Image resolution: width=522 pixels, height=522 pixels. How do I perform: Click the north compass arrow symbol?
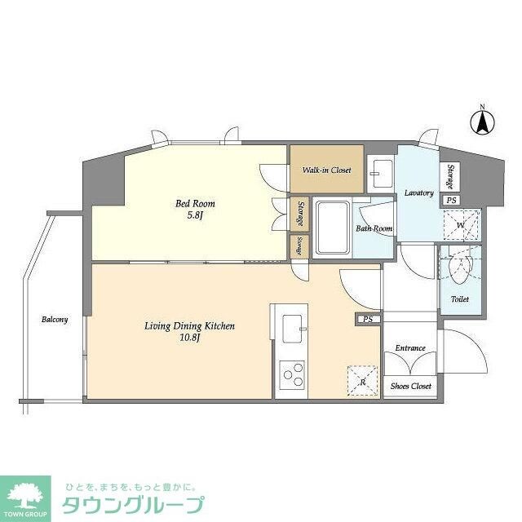tap(482, 122)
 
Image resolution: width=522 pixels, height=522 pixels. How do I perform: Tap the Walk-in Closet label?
tap(326, 170)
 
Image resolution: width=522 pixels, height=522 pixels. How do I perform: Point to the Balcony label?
tap(55, 320)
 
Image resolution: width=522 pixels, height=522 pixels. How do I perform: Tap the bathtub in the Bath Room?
tap(332, 228)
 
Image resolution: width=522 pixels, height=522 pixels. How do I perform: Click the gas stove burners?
tap(291, 376)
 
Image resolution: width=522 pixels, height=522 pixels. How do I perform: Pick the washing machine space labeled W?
tap(461, 225)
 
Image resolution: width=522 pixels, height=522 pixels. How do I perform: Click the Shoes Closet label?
tap(410, 386)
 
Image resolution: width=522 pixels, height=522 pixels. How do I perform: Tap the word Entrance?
tap(410, 348)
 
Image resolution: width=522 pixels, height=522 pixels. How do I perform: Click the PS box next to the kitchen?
tap(368, 319)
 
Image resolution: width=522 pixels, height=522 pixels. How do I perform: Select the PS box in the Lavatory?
tap(450, 200)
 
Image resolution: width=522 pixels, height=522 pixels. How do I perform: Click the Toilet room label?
tap(460, 299)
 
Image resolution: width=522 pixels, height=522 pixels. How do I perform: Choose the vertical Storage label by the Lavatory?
tap(450, 175)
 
